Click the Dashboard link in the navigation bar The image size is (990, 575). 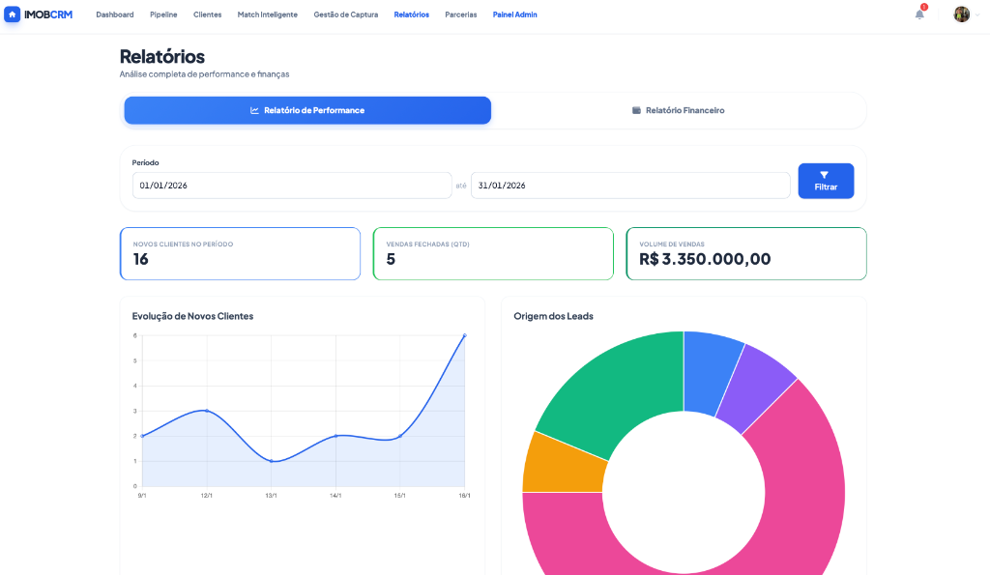click(115, 14)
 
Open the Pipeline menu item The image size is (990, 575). click(163, 14)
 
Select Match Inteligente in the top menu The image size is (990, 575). click(267, 14)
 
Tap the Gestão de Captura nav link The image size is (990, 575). click(345, 14)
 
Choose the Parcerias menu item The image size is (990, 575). click(460, 14)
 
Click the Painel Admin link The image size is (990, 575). click(514, 14)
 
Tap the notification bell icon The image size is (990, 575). click(919, 14)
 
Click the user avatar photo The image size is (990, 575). click(961, 14)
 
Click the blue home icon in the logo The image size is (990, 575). click(13, 14)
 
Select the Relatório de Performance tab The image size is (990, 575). click(307, 110)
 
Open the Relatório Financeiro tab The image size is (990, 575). click(678, 110)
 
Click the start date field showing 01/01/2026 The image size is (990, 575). click(292, 186)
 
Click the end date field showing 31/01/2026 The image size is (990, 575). click(630, 186)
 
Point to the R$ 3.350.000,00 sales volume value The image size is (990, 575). click(705, 259)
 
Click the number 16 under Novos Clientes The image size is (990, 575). click(141, 259)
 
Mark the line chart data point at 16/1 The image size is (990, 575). click(464, 335)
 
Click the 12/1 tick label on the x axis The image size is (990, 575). click(207, 496)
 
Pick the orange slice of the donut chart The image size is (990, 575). click(564, 462)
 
